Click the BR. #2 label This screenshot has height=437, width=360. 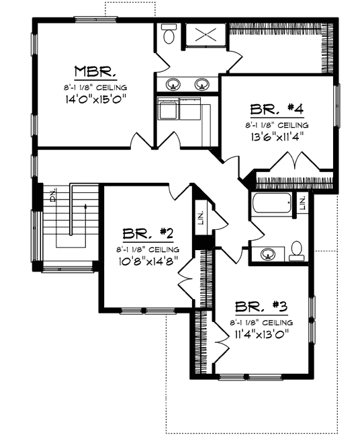pyautogui.click(x=148, y=234)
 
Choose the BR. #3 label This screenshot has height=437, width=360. pyautogui.click(x=262, y=308)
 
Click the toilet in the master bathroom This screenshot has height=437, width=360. pyautogui.click(x=168, y=35)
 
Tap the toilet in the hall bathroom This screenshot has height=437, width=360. pyautogui.click(x=297, y=253)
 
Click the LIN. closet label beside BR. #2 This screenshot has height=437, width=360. pyautogui.click(x=200, y=217)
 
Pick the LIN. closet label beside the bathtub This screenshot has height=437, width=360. pyautogui.click(x=303, y=202)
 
